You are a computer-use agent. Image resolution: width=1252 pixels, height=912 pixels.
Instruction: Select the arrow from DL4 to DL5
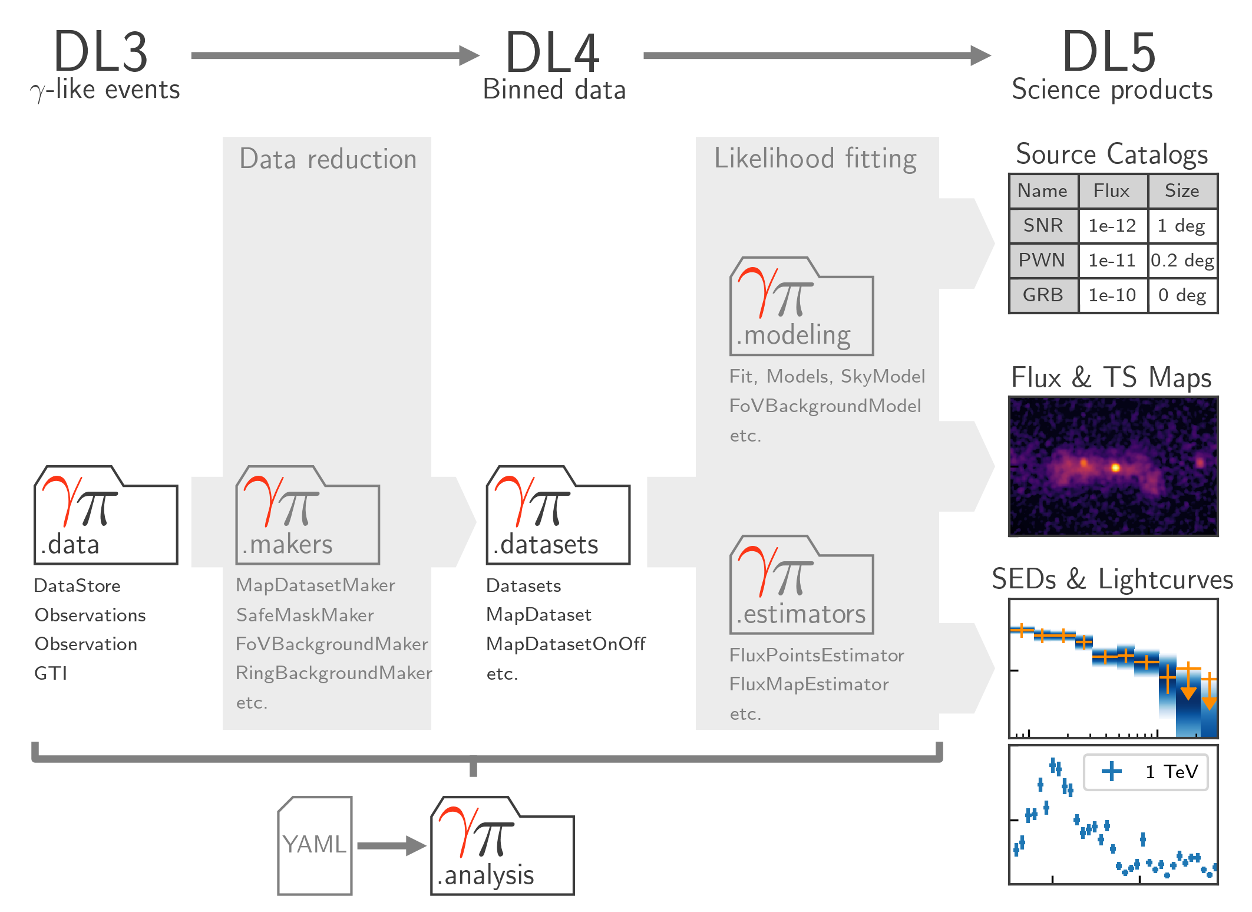pyautogui.click(x=815, y=55)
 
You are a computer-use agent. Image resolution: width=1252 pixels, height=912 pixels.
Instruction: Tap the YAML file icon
pyautogui.click(x=315, y=845)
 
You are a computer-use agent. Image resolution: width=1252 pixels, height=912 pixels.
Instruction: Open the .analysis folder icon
pyautogui.click(x=503, y=847)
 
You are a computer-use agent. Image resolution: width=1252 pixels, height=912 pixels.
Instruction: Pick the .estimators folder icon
pyautogui.click(x=801, y=585)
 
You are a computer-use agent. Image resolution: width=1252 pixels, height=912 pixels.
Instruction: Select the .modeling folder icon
pyautogui.click(x=801, y=307)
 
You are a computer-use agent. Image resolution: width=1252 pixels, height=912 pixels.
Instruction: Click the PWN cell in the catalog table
pyautogui.click(x=1042, y=261)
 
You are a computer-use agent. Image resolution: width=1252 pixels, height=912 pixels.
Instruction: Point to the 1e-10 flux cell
pyautogui.click(x=1112, y=295)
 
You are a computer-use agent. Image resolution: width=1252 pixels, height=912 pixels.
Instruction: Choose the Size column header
pyautogui.click(x=1182, y=191)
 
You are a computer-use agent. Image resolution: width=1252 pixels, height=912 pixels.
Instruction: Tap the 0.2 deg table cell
pyautogui.click(x=1182, y=261)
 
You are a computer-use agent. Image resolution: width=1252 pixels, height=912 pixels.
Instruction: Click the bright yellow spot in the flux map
pyautogui.click(x=1115, y=467)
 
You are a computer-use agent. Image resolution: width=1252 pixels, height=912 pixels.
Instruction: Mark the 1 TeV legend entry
pyautogui.click(x=1146, y=772)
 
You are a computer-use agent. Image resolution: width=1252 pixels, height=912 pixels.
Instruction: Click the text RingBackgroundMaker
pyautogui.click(x=333, y=673)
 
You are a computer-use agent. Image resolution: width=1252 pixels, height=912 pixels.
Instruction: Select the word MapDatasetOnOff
pyautogui.click(x=566, y=644)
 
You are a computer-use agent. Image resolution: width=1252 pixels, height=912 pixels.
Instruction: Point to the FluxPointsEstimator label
pyautogui.click(x=817, y=655)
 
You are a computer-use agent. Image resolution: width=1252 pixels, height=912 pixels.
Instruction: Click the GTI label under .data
pyautogui.click(x=51, y=673)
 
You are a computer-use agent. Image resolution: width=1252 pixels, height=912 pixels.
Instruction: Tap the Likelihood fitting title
pyautogui.click(x=815, y=159)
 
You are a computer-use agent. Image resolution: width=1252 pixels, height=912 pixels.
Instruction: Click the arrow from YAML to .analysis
pyautogui.click(x=391, y=846)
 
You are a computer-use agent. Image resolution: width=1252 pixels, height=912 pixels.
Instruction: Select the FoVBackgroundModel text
pyautogui.click(x=825, y=406)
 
